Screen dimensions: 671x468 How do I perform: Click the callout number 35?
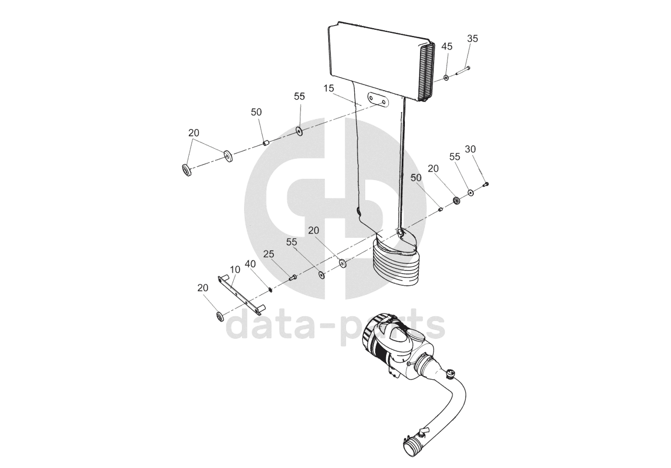(472, 38)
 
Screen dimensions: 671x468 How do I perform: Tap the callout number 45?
(447, 46)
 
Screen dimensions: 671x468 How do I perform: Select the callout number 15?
(329, 88)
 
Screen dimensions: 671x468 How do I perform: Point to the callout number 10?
(235, 269)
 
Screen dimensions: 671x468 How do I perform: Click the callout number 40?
(250, 264)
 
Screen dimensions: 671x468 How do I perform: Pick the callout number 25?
(269, 254)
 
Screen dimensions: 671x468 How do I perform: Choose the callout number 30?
(470, 149)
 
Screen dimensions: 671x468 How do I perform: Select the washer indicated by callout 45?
(447, 78)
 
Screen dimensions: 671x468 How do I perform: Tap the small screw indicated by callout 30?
(486, 184)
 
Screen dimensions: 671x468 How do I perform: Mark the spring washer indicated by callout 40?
(270, 290)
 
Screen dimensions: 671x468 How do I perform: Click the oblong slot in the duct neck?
(377, 99)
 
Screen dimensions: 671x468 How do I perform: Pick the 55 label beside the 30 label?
(455, 157)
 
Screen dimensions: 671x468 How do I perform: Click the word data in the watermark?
(266, 324)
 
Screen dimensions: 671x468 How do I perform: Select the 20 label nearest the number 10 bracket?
(203, 287)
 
